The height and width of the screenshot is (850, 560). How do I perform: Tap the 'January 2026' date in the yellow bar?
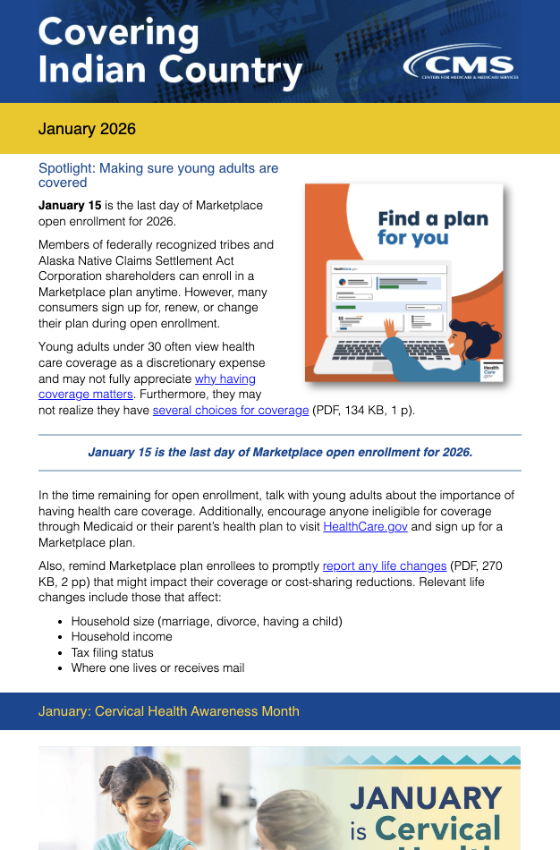coord(87,129)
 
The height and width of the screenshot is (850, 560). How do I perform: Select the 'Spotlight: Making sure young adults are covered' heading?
coord(157,174)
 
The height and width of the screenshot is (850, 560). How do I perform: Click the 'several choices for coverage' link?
coord(231,411)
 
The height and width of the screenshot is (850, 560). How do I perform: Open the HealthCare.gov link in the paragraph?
coord(365,527)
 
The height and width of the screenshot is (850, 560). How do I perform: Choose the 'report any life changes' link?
coord(385,565)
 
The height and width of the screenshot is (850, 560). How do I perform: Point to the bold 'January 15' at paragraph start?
coord(70,205)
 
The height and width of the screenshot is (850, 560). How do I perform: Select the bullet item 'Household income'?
coord(122,636)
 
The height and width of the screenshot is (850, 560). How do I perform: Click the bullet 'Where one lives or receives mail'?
coord(157,667)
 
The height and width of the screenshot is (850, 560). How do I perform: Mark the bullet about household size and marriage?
coord(207,621)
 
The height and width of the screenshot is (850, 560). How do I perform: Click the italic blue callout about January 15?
coord(279,452)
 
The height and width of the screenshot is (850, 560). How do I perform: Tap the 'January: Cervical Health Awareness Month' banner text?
coord(169,711)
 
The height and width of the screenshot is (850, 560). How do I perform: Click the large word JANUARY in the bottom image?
coord(426,796)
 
